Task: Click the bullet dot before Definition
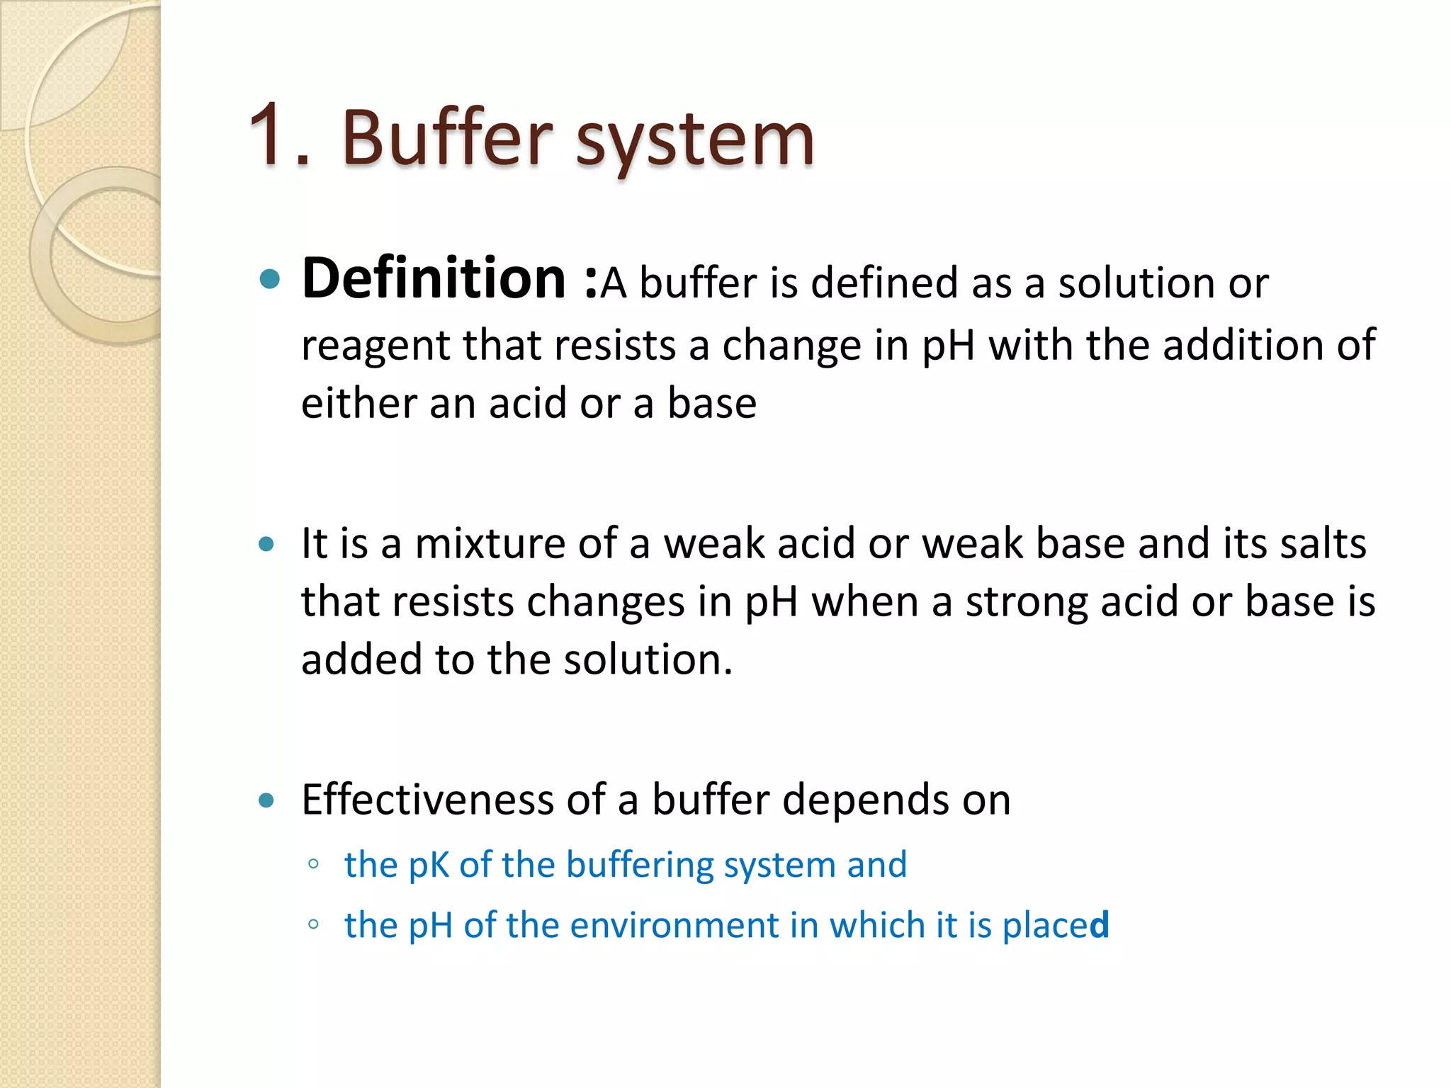coord(270,279)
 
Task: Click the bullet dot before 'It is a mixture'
coord(266,544)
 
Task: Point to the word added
coord(361,659)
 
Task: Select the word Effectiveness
coord(427,800)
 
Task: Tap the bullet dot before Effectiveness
coord(266,800)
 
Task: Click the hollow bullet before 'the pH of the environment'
coord(313,924)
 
